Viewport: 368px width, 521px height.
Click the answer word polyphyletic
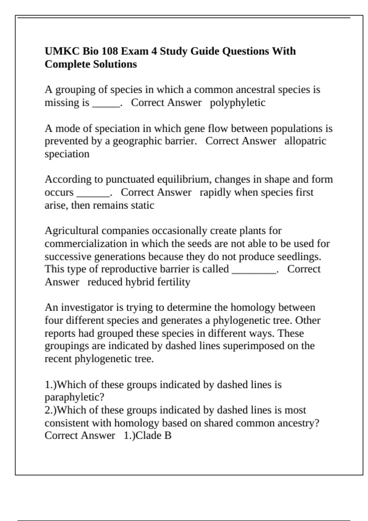(x=238, y=103)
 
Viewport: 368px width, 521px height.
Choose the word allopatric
(x=305, y=141)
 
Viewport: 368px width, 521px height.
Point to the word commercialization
(x=86, y=244)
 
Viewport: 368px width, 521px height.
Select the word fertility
(x=174, y=282)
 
